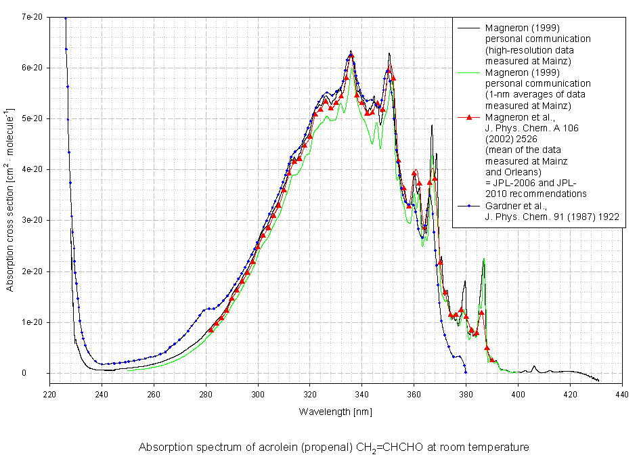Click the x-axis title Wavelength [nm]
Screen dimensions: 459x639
tap(335, 412)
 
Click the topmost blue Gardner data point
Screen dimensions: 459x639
tap(66, 19)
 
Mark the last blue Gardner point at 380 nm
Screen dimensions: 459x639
tap(466, 372)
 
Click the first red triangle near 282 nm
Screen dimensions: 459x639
tap(211, 330)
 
